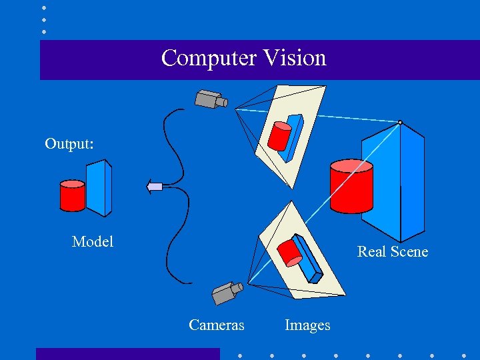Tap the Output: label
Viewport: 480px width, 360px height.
click(68, 144)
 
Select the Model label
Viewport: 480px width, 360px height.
click(93, 241)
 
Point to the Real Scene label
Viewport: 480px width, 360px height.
click(393, 251)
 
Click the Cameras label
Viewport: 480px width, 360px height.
click(217, 325)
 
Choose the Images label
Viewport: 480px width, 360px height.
click(307, 325)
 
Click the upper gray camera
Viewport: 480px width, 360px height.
click(210, 99)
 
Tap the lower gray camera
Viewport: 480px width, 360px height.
click(227, 292)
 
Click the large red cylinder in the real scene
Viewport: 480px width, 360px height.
click(351, 187)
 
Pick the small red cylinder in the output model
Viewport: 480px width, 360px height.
click(72, 195)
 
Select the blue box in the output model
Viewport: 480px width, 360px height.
click(99, 187)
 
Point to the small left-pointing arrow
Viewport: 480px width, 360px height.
click(154, 187)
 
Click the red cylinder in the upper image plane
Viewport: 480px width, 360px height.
click(279, 137)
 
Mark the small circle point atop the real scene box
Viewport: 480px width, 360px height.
click(399, 122)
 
